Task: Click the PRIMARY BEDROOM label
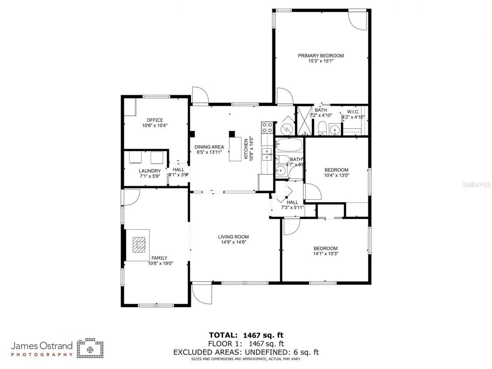pos(321,56)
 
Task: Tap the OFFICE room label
pos(155,120)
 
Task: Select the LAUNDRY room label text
pos(150,171)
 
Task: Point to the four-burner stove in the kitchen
pos(267,127)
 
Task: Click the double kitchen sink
pos(266,155)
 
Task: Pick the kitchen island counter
pos(235,149)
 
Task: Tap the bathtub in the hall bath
pos(289,145)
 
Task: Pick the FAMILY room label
pos(159,258)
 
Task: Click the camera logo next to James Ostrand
pos(90,348)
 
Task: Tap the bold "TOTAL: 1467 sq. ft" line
pos(246,335)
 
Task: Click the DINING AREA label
pos(209,147)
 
